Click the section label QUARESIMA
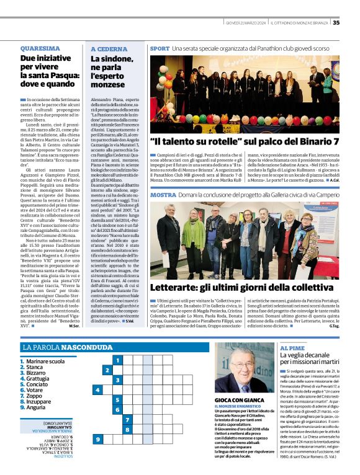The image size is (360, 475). click(x=40, y=48)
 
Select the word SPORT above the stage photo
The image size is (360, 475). click(x=160, y=48)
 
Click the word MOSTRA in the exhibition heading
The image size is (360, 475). click(x=163, y=195)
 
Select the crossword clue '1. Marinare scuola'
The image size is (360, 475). click(x=44, y=361)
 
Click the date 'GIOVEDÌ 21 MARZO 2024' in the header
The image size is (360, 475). click(x=246, y=23)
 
